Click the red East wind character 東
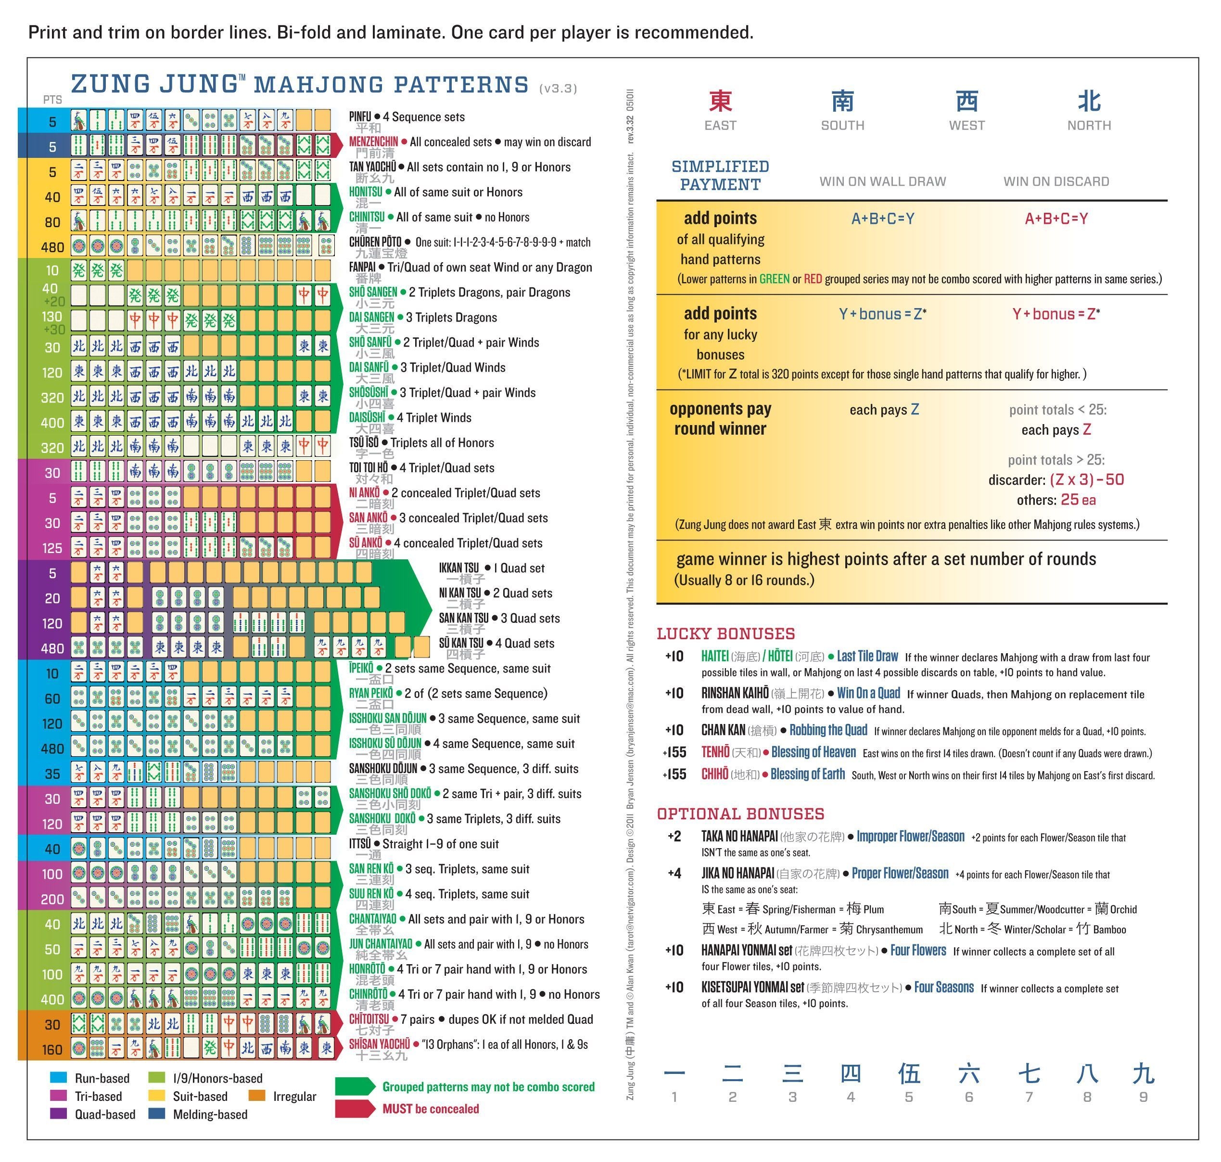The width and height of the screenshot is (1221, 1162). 720,101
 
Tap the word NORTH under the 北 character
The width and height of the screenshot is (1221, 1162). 1089,125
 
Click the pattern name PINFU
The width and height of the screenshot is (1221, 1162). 360,116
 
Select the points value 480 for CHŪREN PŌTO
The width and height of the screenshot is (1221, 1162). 52,247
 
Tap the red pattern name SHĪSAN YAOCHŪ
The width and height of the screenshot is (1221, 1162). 379,1045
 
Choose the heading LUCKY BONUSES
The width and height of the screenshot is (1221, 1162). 725,633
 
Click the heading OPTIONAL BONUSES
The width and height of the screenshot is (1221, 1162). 740,814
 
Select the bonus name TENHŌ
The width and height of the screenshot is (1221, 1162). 715,752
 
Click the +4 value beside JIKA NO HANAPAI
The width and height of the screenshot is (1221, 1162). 674,873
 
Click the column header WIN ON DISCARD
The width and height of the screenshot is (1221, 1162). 1056,181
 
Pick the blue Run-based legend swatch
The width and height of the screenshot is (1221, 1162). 58,1078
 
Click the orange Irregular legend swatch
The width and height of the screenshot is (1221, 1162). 256,1096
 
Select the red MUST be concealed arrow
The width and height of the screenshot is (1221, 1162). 355,1108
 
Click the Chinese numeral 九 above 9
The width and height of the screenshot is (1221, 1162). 1143,1073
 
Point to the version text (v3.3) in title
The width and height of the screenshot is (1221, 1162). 558,89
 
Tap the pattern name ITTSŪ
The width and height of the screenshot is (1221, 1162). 360,844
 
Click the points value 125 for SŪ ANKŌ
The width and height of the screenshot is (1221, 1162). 52,548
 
